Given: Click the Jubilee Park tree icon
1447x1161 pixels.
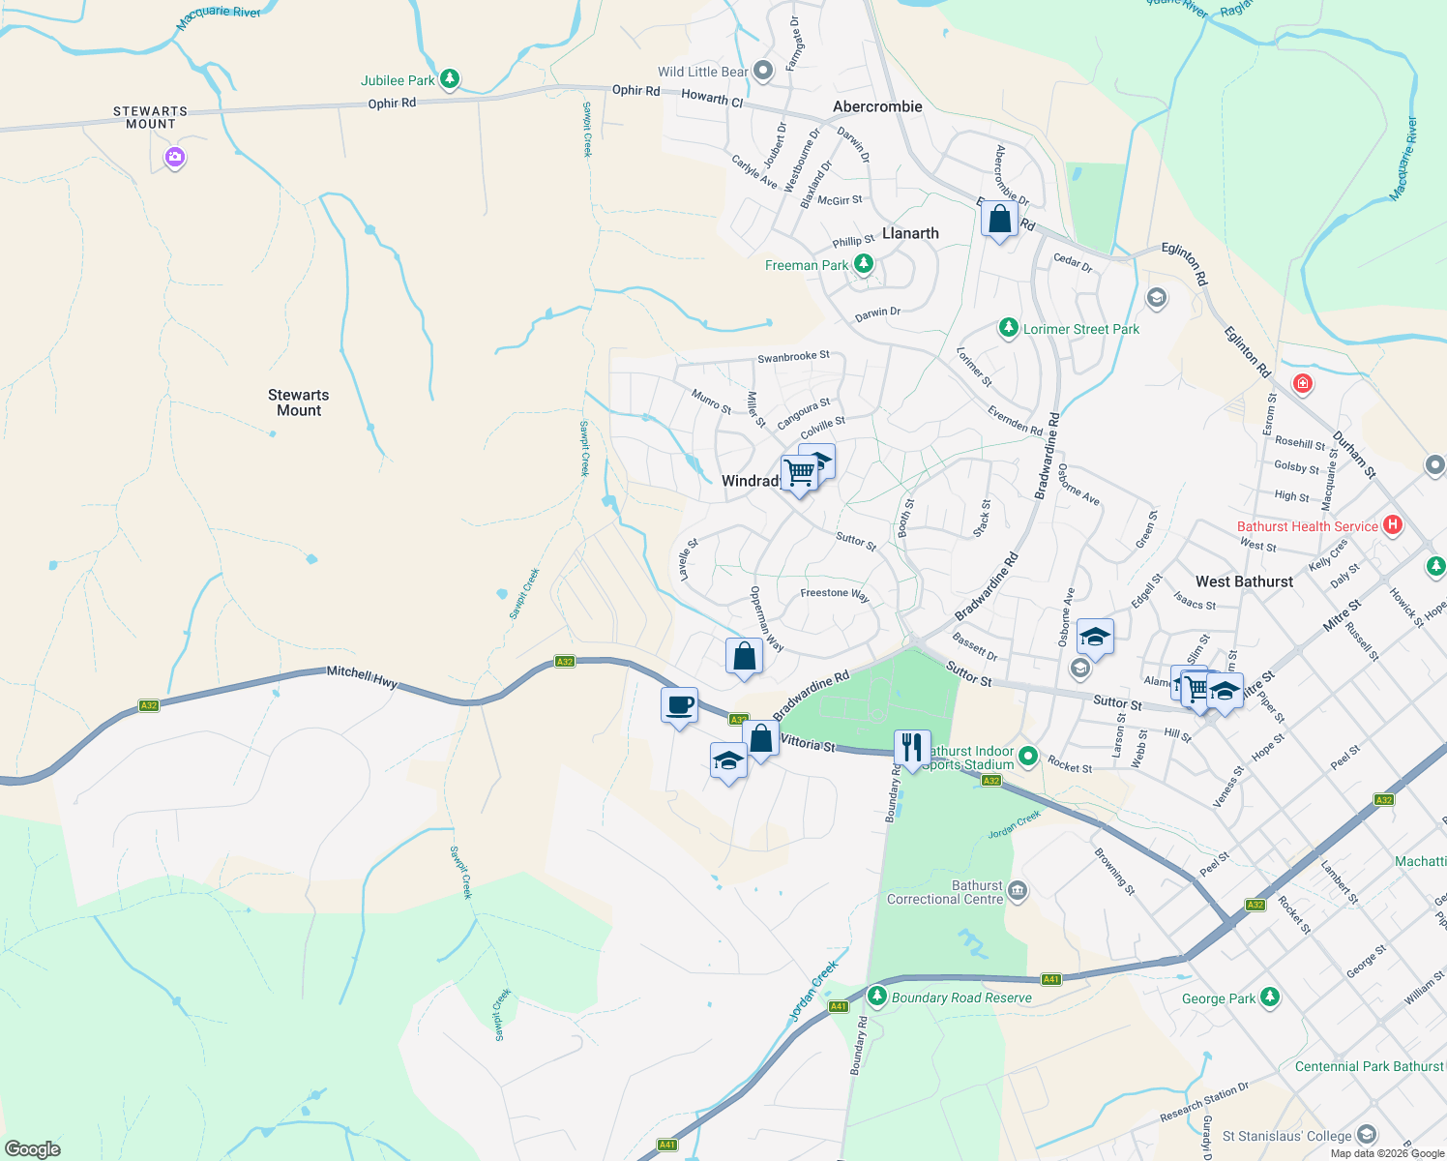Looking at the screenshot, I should pyautogui.click(x=449, y=79).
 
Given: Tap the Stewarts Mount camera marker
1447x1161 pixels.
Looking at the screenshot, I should pyautogui.click(x=174, y=157).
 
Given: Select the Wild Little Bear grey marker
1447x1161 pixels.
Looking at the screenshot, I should pyautogui.click(x=763, y=71).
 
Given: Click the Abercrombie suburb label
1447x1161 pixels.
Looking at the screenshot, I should pyautogui.click(x=877, y=106).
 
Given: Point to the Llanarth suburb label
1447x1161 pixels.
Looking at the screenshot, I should pyautogui.click(x=910, y=233).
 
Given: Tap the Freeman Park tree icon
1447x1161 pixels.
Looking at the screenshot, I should pyautogui.click(x=863, y=264).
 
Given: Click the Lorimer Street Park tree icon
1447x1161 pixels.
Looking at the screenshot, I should pyautogui.click(x=1008, y=329).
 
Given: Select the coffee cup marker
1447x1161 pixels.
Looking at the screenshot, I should pyautogui.click(x=679, y=705).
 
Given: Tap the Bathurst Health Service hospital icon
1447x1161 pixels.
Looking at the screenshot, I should pyautogui.click(x=1392, y=525).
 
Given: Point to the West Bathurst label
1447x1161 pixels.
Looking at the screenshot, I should pyautogui.click(x=1244, y=581).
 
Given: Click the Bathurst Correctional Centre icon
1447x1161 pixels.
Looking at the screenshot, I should pyautogui.click(x=1017, y=890).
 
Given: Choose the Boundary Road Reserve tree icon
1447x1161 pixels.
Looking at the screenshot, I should pyautogui.click(x=876, y=996).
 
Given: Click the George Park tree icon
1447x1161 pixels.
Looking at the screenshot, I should pyautogui.click(x=1270, y=997).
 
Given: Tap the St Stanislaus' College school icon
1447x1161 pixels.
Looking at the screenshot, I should pyautogui.click(x=1366, y=1134).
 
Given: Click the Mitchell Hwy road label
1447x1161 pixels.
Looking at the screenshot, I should pyautogui.click(x=362, y=675).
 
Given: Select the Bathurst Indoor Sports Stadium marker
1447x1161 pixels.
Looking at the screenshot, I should pyautogui.click(x=1028, y=756).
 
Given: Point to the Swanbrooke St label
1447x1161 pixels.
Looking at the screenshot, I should pyautogui.click(x=793, y=357).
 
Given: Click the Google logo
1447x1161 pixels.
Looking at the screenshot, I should pyautogui.click(x=33, y=1149).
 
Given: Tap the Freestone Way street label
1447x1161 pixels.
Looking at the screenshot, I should pyautogui.click(x=834, y=594).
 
